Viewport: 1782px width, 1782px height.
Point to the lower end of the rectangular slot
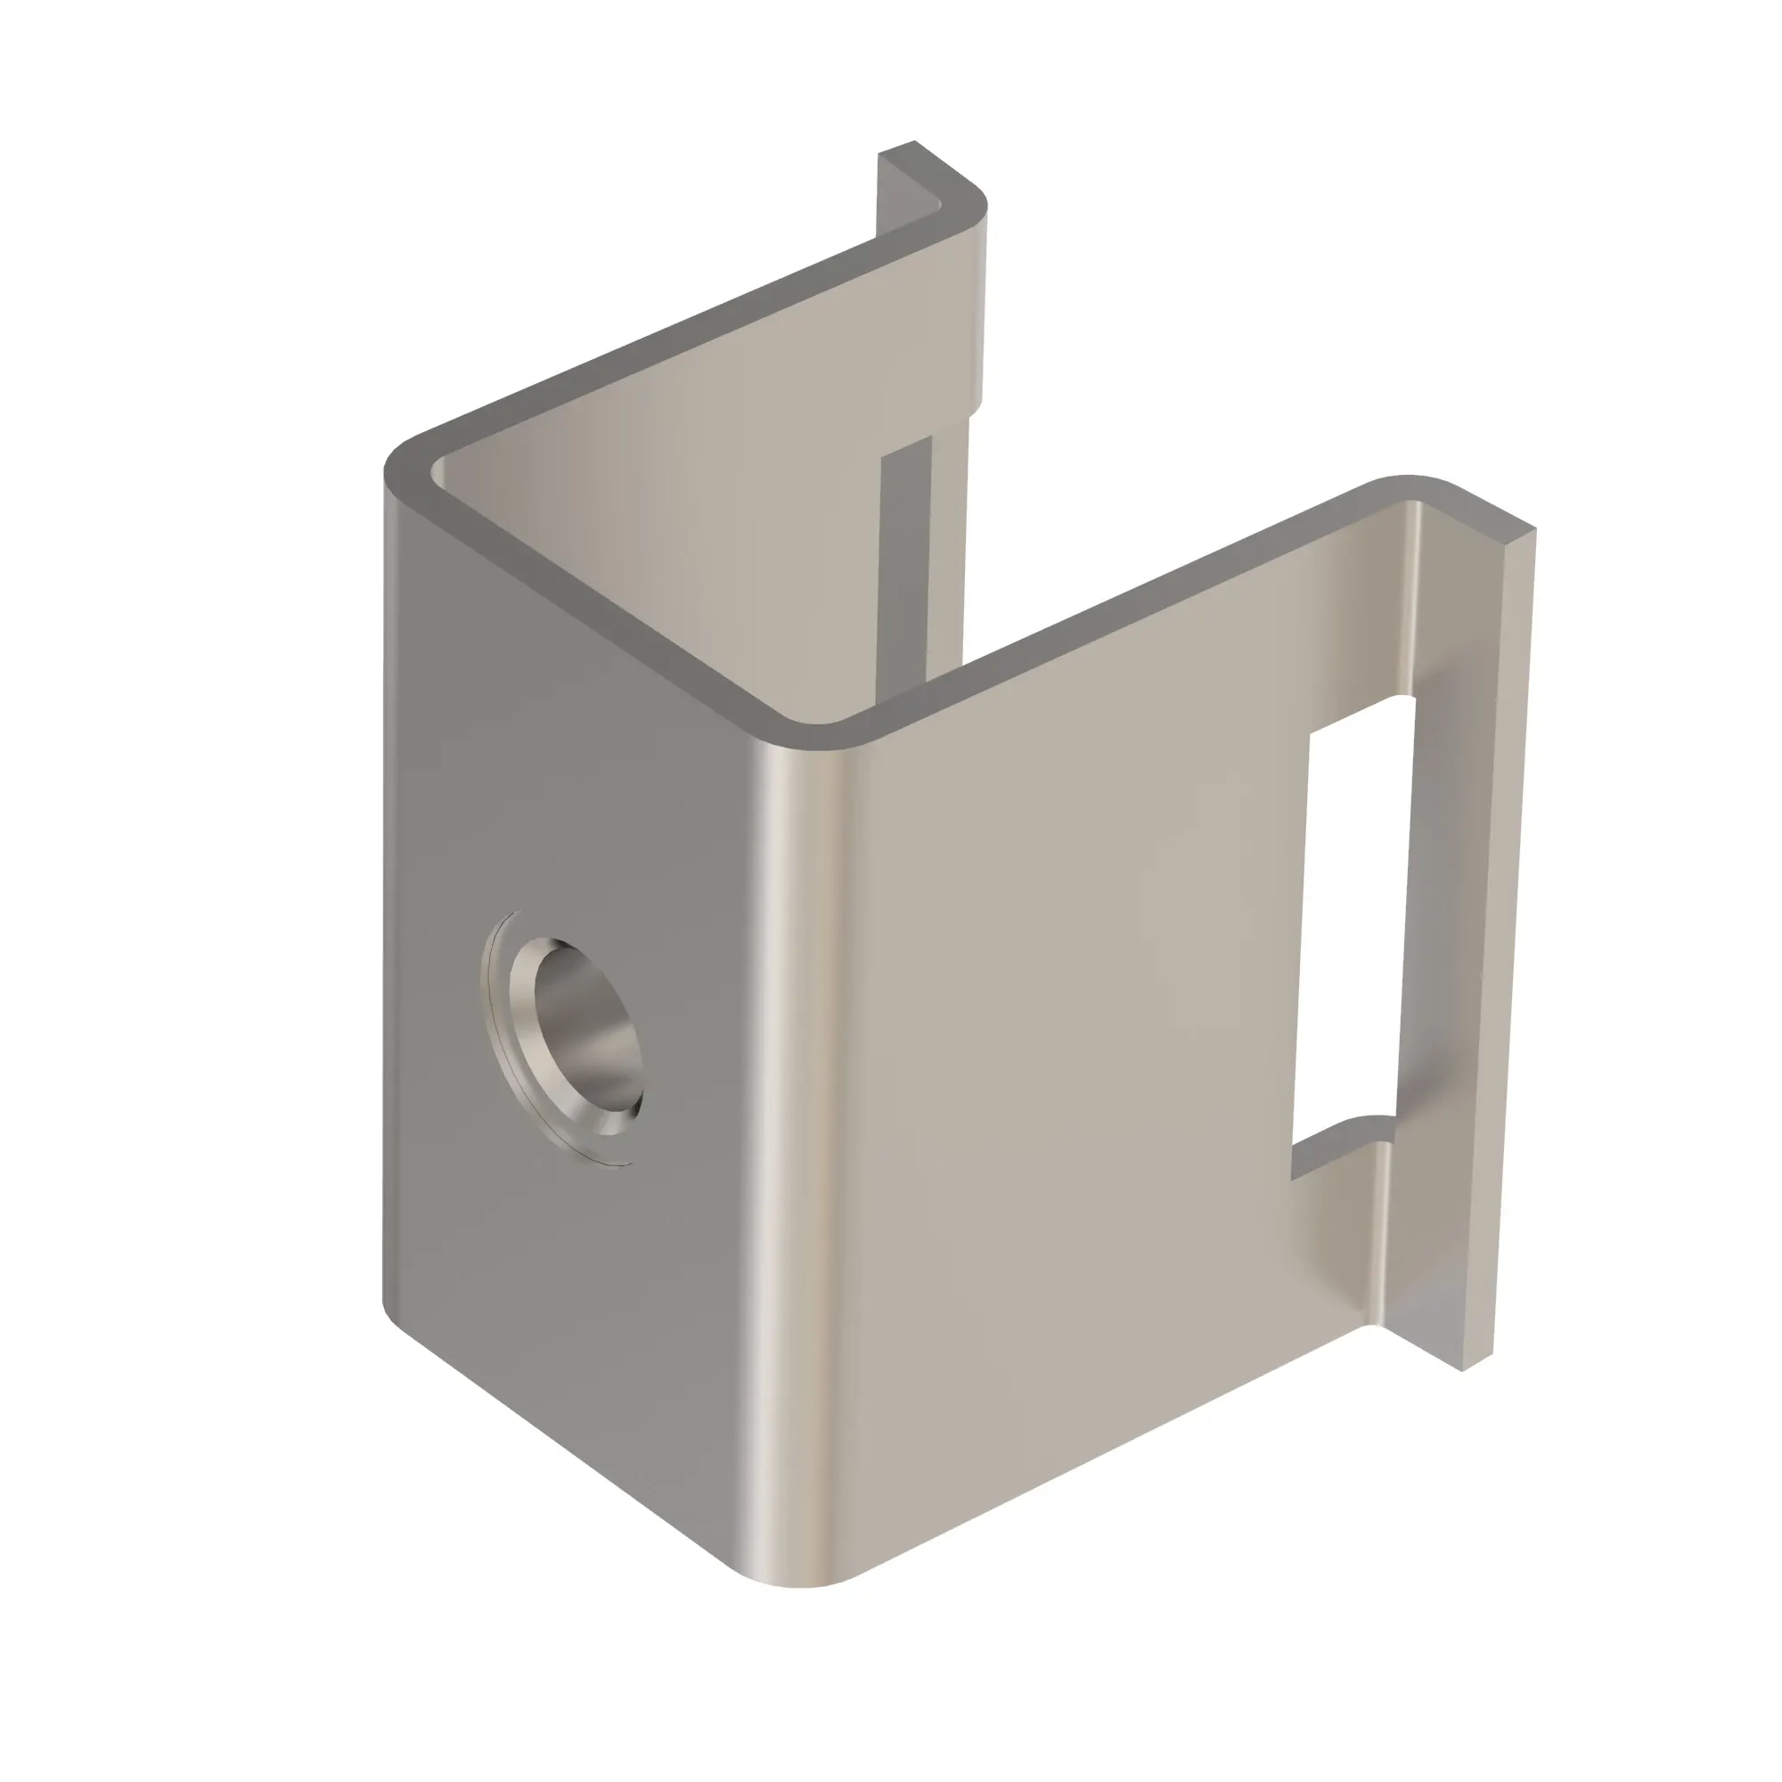point(1337,1139)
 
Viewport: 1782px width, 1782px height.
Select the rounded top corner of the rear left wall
point(964,199)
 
